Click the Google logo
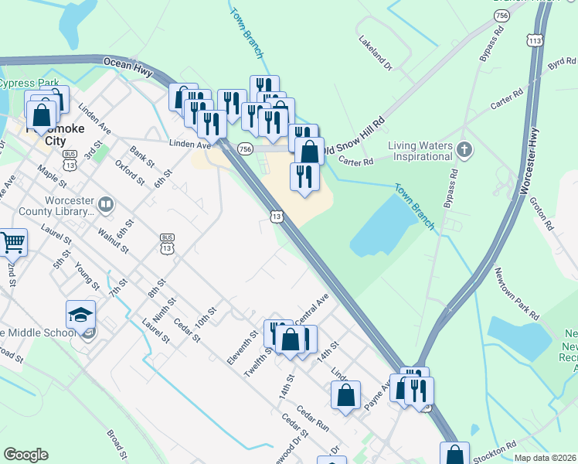(25, 455)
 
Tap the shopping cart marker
(12, 243)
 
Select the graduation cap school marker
(80, 315)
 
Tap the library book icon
(106, 206)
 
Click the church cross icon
(464, 148)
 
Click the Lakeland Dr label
(375, 51)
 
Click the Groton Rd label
(542, 214)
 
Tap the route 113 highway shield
(534, 39)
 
